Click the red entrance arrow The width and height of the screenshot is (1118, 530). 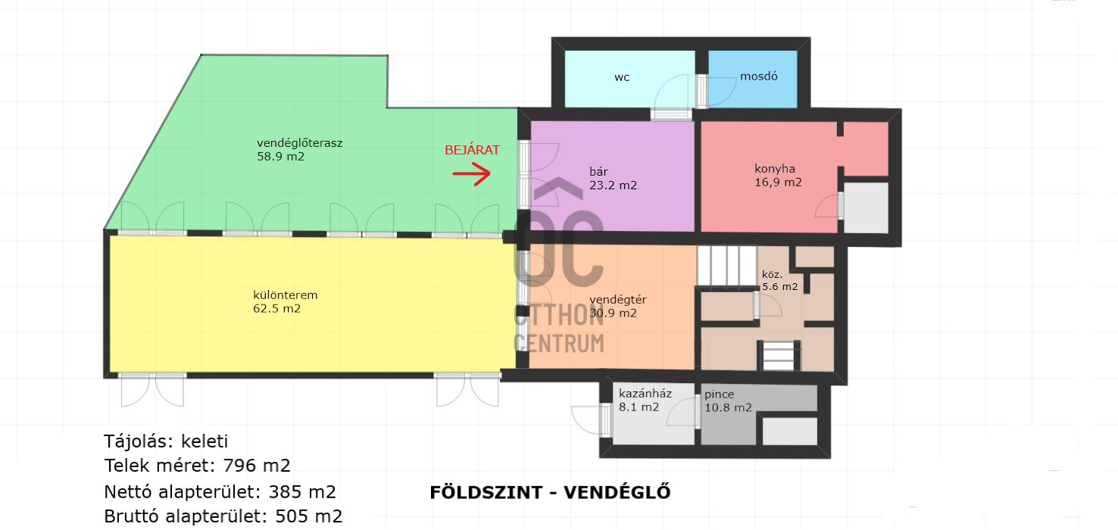pos(472,173)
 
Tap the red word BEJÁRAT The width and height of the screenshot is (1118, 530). pos(472,150)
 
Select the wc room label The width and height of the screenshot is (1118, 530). pos(622,77)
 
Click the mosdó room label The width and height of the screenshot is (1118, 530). pos(759,76)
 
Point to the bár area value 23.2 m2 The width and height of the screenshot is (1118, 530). pos(613,185)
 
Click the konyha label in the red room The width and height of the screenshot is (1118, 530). pos(775,169)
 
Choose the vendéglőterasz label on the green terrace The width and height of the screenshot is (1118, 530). pos(299,143)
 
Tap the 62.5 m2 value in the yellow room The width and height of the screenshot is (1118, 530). pos(277,308)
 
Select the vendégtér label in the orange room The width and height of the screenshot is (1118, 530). pos(618,300)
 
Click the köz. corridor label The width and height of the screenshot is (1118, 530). pos(772,275)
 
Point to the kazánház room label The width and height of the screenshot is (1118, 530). pos(645,394)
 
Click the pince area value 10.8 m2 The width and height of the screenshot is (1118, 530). pos(728,408)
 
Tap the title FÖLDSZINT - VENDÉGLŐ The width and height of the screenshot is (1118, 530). pos(550,493)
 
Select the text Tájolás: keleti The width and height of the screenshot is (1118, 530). pos(166,441)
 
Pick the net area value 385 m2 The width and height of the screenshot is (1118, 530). pos(302,492)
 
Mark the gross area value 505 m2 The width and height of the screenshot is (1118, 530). pos(309,516)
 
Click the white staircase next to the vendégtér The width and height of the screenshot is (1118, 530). pos(726,266)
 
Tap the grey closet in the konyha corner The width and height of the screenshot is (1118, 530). pos(866,207)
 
